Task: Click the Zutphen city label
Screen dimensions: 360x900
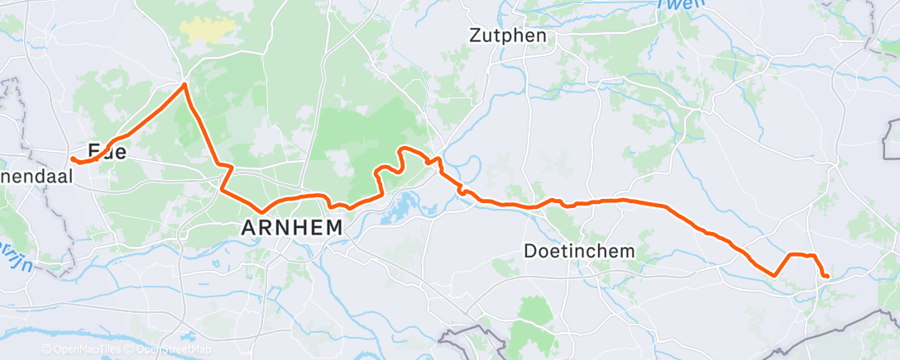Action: click(507, 36)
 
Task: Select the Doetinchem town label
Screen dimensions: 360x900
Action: click(580, 250)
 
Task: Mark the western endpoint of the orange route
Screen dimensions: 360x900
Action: click(72, 159)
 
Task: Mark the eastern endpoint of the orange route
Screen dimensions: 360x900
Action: click(827, 276)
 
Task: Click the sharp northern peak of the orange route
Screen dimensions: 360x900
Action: click(184, 84)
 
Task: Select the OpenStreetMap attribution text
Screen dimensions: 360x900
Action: click(170, 349)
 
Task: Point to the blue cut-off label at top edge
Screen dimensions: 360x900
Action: click(672, 5)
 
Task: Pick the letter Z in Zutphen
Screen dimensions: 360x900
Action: click(475, 36)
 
